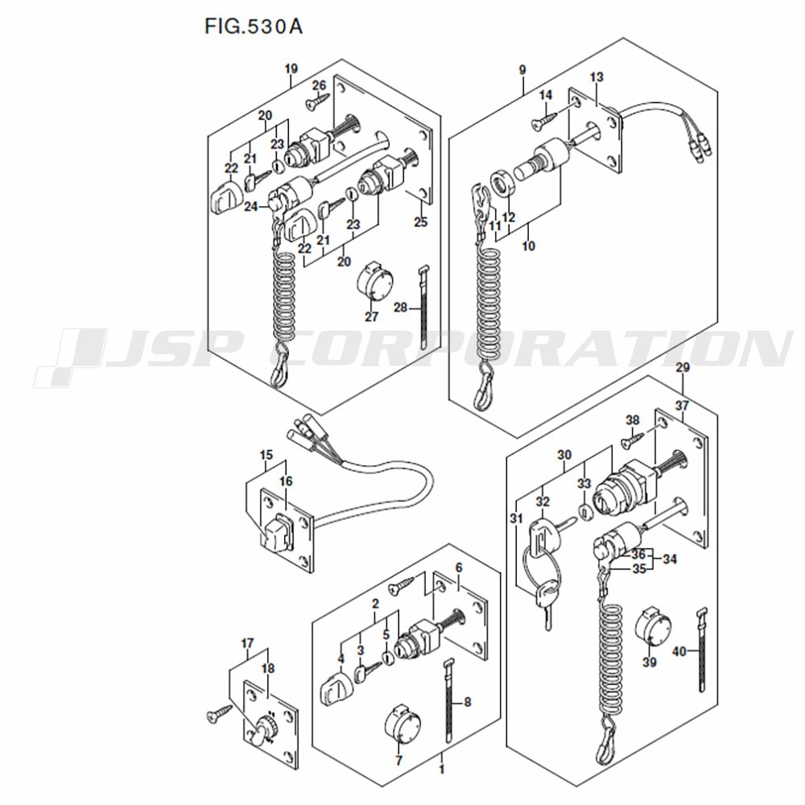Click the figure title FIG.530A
tap(254, 27)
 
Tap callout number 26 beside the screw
tap(319, 85)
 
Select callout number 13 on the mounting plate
tap(597, 77)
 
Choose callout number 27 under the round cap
tap(371, 316)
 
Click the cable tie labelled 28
tap(424, 307)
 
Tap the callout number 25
tap(420, 222)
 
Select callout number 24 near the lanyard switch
tap(251, 206)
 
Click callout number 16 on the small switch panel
tap(286, 481)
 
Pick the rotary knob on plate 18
tap(265, 726)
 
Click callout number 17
tap(247, 643)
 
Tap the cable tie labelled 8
tap(450, 700)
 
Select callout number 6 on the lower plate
tap(459, 568)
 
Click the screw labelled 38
tap(633, 440)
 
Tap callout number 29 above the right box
tap(683, 368)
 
